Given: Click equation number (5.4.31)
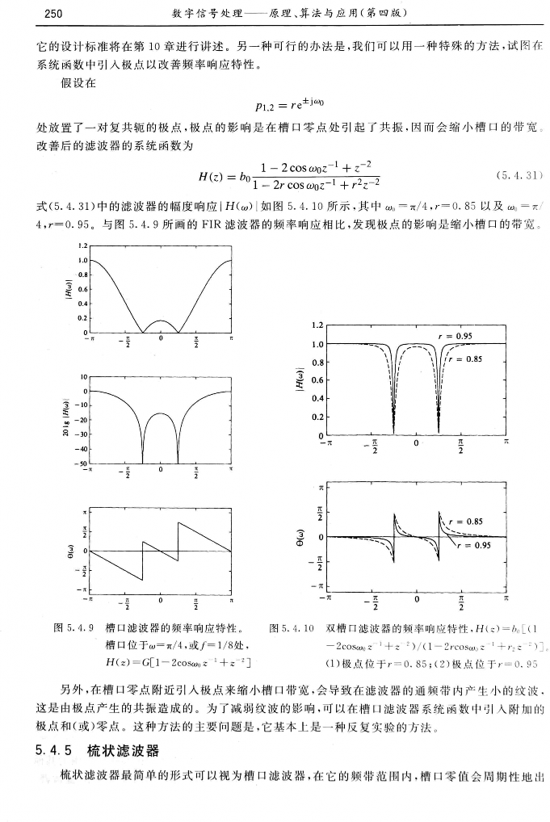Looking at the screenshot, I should pyautogui.click(x=514, y=174).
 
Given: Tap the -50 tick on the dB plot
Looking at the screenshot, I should pyautogui.click(x=81, y=464).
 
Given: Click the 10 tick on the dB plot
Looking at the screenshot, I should pyautogui.click(x=82, y=376).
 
